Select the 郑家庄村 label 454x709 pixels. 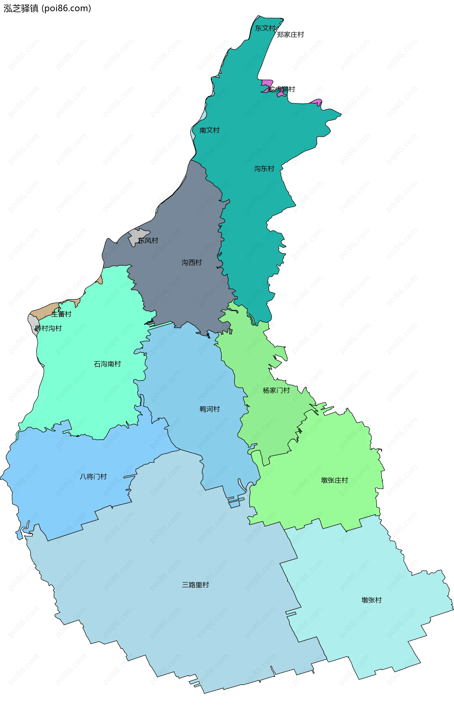(290, 35)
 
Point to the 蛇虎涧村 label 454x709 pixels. (282, 89)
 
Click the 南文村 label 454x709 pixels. (209, 130)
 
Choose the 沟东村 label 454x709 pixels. (264, 168)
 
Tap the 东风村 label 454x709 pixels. (148, 240)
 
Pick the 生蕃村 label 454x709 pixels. (61, 314)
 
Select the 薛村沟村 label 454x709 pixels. (48, 328)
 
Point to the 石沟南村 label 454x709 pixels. (107, 364)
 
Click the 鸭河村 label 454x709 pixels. (210, 409)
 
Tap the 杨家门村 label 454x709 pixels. (276, 391)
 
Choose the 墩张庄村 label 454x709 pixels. (334, 480)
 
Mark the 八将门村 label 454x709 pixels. (93, 477)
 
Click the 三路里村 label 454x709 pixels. (196, 585)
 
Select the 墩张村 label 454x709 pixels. (371, 600)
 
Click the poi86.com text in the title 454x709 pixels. (67, 8)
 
